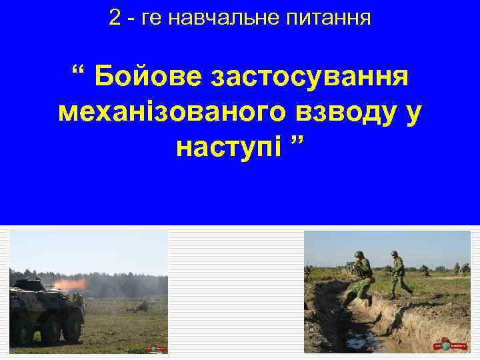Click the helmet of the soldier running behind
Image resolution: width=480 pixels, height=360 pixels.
point(395,254)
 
